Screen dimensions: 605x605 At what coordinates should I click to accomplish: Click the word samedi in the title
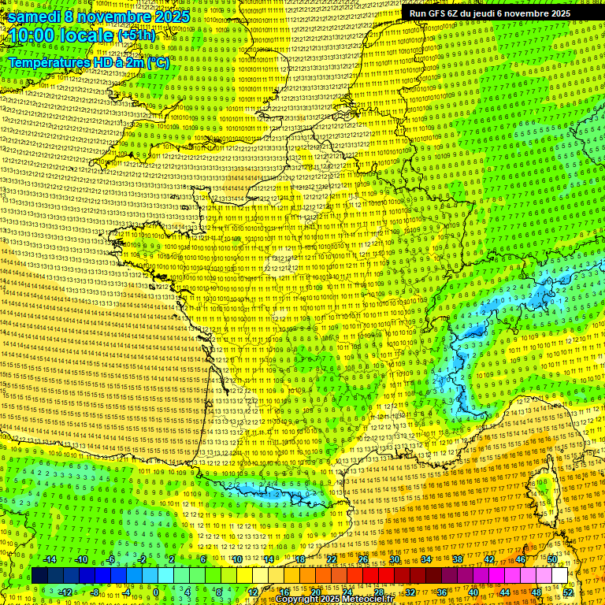(x=35, y=17)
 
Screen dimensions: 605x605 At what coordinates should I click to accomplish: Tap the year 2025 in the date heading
(x=171, y=17)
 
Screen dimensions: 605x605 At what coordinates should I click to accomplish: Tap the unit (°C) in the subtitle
(x=158, y=62)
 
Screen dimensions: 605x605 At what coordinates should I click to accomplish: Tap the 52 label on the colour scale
(x=568, y=592)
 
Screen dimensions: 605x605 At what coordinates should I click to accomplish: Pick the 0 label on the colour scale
(x=156, y=592)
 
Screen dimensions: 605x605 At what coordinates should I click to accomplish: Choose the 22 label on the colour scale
(x=331, y=559)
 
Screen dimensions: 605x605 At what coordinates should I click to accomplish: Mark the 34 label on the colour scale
(x=425, y=559)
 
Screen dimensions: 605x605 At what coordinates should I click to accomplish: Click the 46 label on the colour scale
(x=521, y=559)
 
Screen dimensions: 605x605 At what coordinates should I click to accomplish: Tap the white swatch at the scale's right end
(x=559, y=576)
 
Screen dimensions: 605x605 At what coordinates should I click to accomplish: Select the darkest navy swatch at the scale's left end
(x=39, y=576)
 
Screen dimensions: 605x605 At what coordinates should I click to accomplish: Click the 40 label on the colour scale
(x=473, y=592)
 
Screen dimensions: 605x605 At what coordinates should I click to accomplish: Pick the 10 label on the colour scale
(x=236, y=559)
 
